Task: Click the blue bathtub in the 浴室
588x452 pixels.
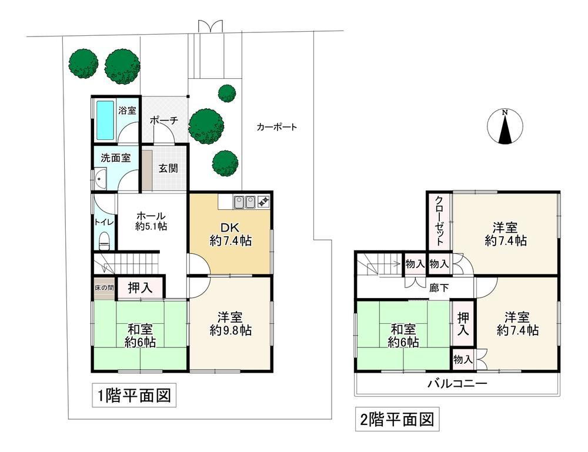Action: [105, 120]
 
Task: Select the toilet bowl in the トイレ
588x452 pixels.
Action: [104, 240]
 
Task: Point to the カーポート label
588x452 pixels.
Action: [277, 127]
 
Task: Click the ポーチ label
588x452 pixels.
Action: [163, 120]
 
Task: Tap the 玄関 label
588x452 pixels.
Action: [168, 168]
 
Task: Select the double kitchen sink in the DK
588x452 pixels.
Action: [245, 202]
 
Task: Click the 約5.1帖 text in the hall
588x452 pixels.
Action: [151, 226]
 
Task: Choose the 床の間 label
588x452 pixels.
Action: [104, 288]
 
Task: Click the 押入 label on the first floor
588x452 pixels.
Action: [141, 288]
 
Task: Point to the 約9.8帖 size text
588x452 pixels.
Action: [230, 330]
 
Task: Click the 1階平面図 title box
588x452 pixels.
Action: [134, 396]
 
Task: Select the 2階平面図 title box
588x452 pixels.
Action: [397, 419]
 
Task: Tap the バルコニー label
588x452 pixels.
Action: [457, 383]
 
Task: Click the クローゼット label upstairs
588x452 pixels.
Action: [439, 220]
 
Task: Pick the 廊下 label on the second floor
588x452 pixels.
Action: [439, 288]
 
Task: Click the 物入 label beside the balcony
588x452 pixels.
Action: [463, 360]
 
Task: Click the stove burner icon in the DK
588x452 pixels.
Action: [263, 202]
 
